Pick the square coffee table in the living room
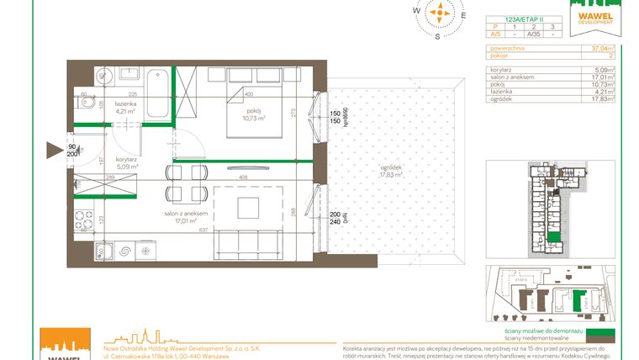click(246, 207)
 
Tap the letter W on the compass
click(415, 11)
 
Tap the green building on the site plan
click(578, 300)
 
